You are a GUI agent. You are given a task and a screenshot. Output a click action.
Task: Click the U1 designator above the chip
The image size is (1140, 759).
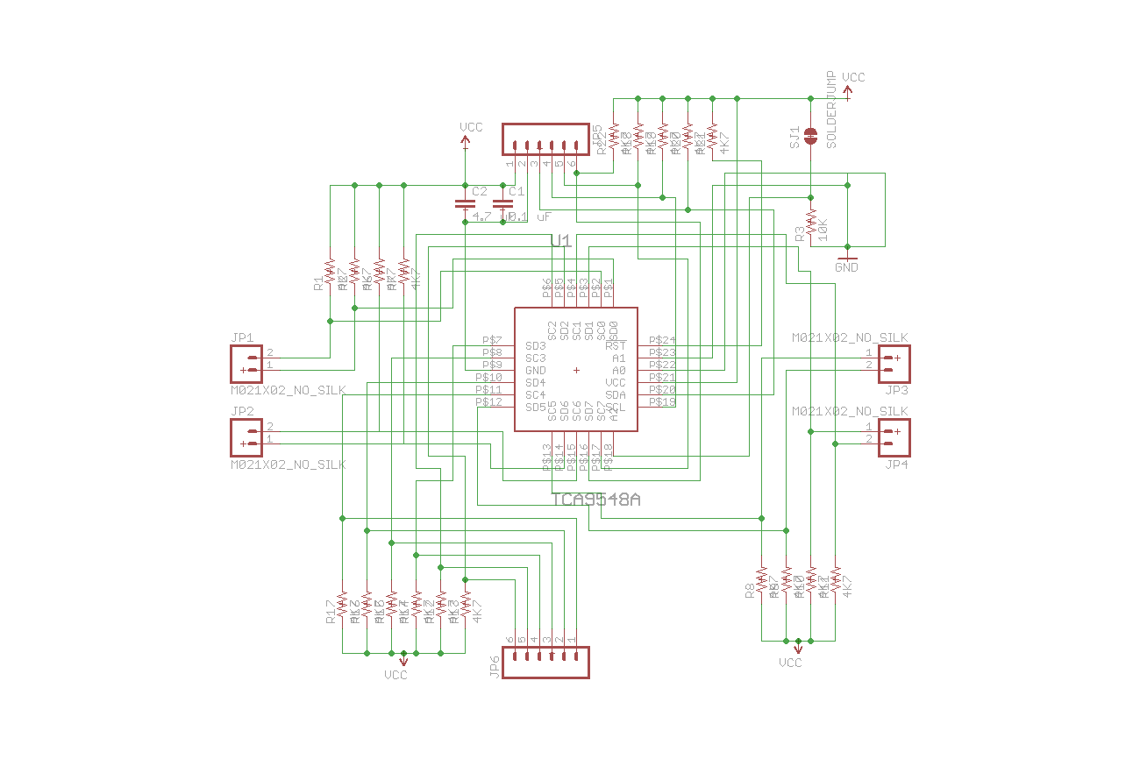pos(561,241)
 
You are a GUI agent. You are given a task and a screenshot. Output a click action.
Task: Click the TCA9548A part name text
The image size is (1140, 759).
pos(596,500)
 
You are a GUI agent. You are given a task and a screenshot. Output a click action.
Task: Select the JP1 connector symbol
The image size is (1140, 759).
pos(246,364)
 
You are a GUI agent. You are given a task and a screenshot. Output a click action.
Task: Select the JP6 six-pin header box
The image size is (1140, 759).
pos(545,662)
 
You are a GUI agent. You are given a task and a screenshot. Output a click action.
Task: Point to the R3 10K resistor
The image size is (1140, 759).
pos(811,223)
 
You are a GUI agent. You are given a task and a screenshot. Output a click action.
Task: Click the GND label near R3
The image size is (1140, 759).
pos(846,267)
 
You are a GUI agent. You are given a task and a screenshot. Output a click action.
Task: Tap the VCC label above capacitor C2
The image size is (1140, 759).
pos(471,128)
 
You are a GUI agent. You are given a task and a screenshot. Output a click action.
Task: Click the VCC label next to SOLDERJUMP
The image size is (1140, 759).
pos(853,78)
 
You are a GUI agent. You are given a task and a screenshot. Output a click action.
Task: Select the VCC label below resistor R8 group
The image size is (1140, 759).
pos(790,663)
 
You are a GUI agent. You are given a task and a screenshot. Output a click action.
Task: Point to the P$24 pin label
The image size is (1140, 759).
pos(662,340)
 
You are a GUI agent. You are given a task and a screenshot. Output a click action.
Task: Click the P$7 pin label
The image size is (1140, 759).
pos(492,340)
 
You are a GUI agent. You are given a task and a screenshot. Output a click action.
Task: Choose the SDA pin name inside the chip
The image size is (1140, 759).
pos(616,395)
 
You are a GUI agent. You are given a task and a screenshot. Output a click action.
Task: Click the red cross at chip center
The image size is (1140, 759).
pos(576,370)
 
